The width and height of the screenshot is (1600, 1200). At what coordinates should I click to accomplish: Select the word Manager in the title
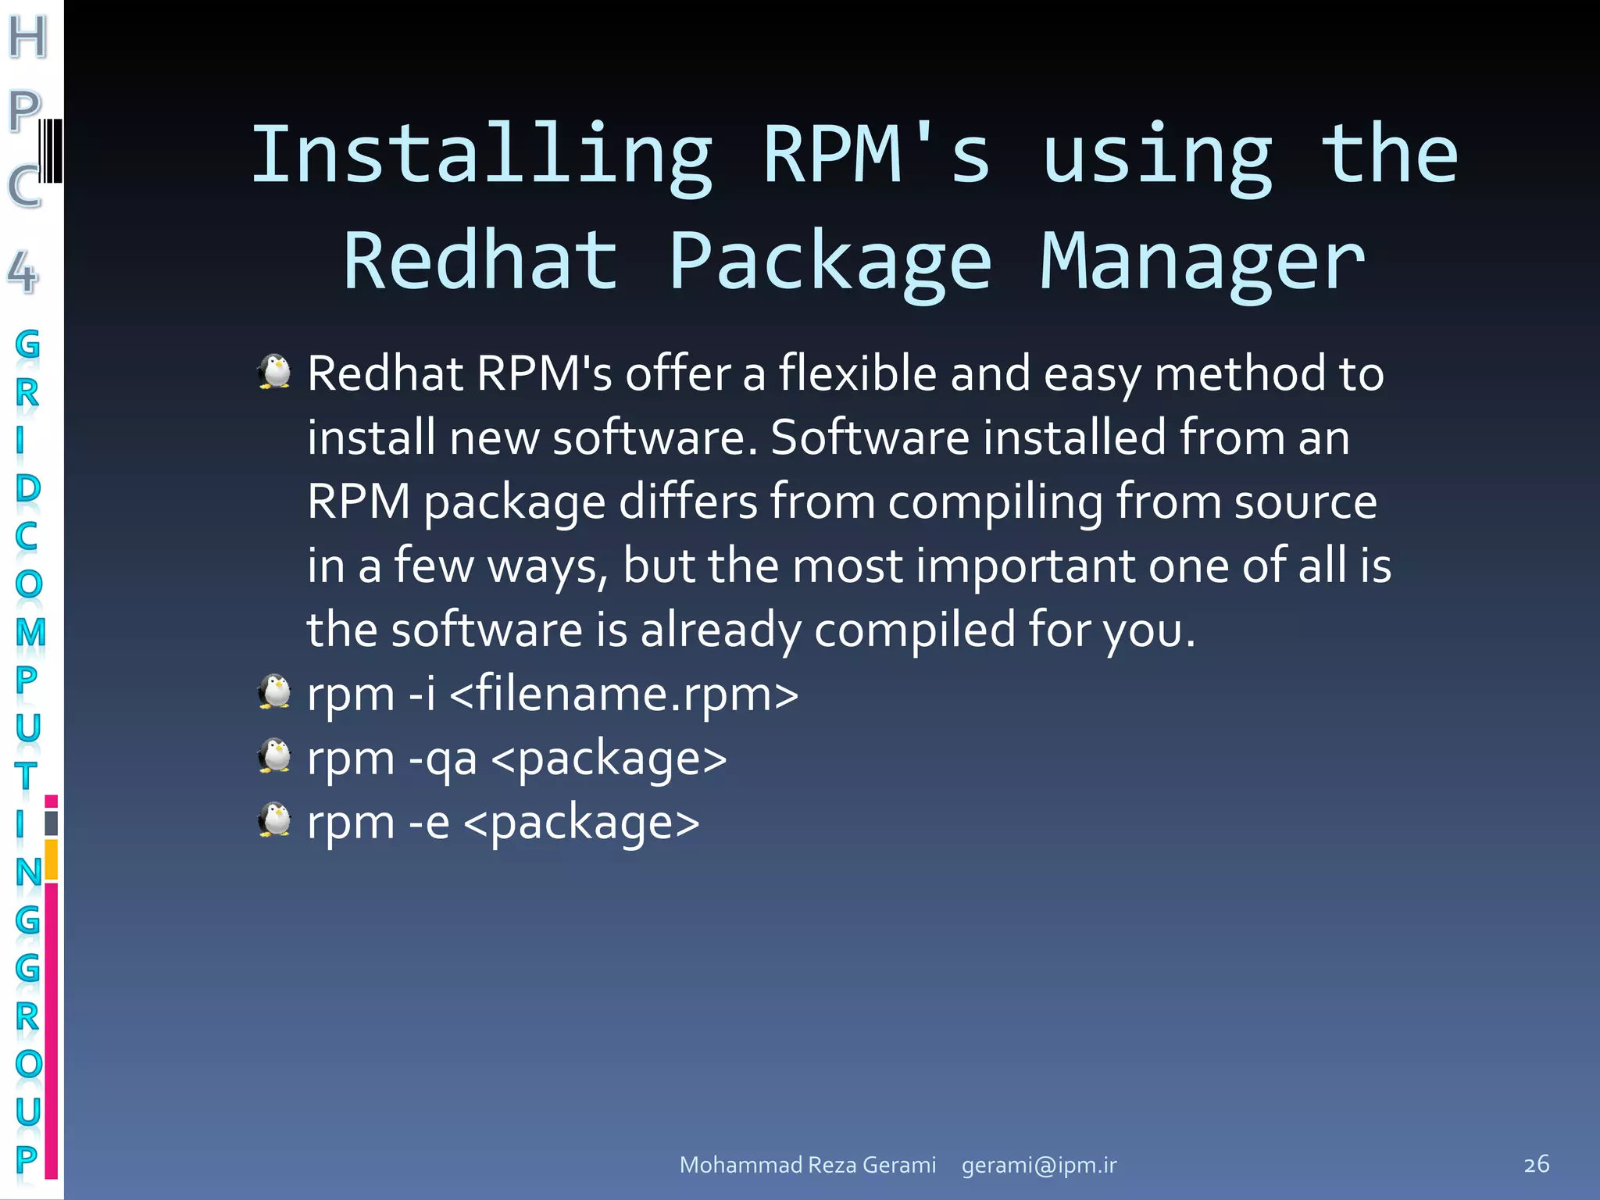click(x=1202, y=262)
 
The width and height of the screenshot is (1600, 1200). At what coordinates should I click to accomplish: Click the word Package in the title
click(x=830, y=262)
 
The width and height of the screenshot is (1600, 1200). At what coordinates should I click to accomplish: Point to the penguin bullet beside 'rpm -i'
click(x=274, y=691)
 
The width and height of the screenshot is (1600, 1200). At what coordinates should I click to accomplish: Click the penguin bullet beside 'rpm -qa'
click(x=274, y=755)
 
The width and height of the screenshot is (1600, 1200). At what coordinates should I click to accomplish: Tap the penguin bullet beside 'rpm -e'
click(x=274, y=820)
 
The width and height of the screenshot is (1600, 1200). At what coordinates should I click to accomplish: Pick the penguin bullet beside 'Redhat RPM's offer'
click(x=274, y=372)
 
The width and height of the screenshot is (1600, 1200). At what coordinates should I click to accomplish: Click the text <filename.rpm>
click(x=624, y=693)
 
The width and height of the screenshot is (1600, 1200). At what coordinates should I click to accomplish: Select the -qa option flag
click(x=443, y=759)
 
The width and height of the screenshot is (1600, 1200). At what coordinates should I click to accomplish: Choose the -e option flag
click(x=429, y=822)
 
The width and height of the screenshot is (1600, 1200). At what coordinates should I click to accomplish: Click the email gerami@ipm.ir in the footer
click(x=1039, y=1165)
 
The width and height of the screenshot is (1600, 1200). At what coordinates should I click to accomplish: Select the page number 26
click(x=1536, y=1164)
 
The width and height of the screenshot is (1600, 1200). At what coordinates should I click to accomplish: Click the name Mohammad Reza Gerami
click(x=808, y=1165)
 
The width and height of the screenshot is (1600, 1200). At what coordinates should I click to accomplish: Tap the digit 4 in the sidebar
click(x=23, y=273)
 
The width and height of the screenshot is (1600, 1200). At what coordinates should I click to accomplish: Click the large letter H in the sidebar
click(x=28, y=37)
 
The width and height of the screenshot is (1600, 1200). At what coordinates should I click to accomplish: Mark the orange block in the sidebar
click(x=52, y=859)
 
